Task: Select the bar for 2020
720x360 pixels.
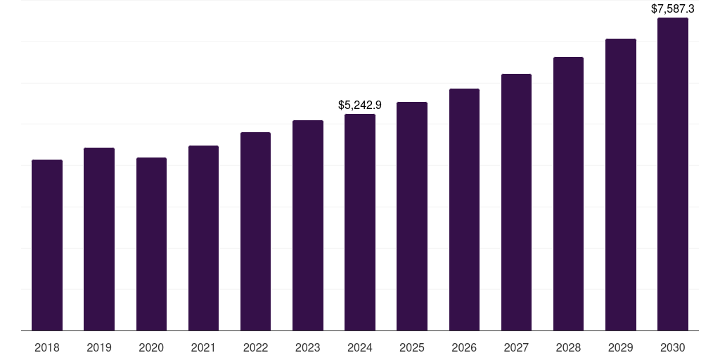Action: point(151,244)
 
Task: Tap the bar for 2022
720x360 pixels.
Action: point(255,231)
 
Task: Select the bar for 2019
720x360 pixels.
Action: point(99,239)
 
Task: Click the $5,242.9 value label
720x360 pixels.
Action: point(360,105)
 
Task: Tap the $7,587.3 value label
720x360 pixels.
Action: point(673,9)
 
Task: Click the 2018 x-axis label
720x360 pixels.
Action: point(47,347)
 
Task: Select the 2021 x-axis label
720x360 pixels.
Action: point(203,347)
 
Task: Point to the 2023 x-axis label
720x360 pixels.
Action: point(308,347)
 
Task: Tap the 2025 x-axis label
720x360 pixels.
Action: point(412,347)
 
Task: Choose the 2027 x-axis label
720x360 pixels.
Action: point(516,347)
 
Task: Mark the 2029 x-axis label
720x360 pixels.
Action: point(621,347)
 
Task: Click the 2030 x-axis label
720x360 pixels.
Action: point(673,347)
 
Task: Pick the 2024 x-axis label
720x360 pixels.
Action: point(360,347)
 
